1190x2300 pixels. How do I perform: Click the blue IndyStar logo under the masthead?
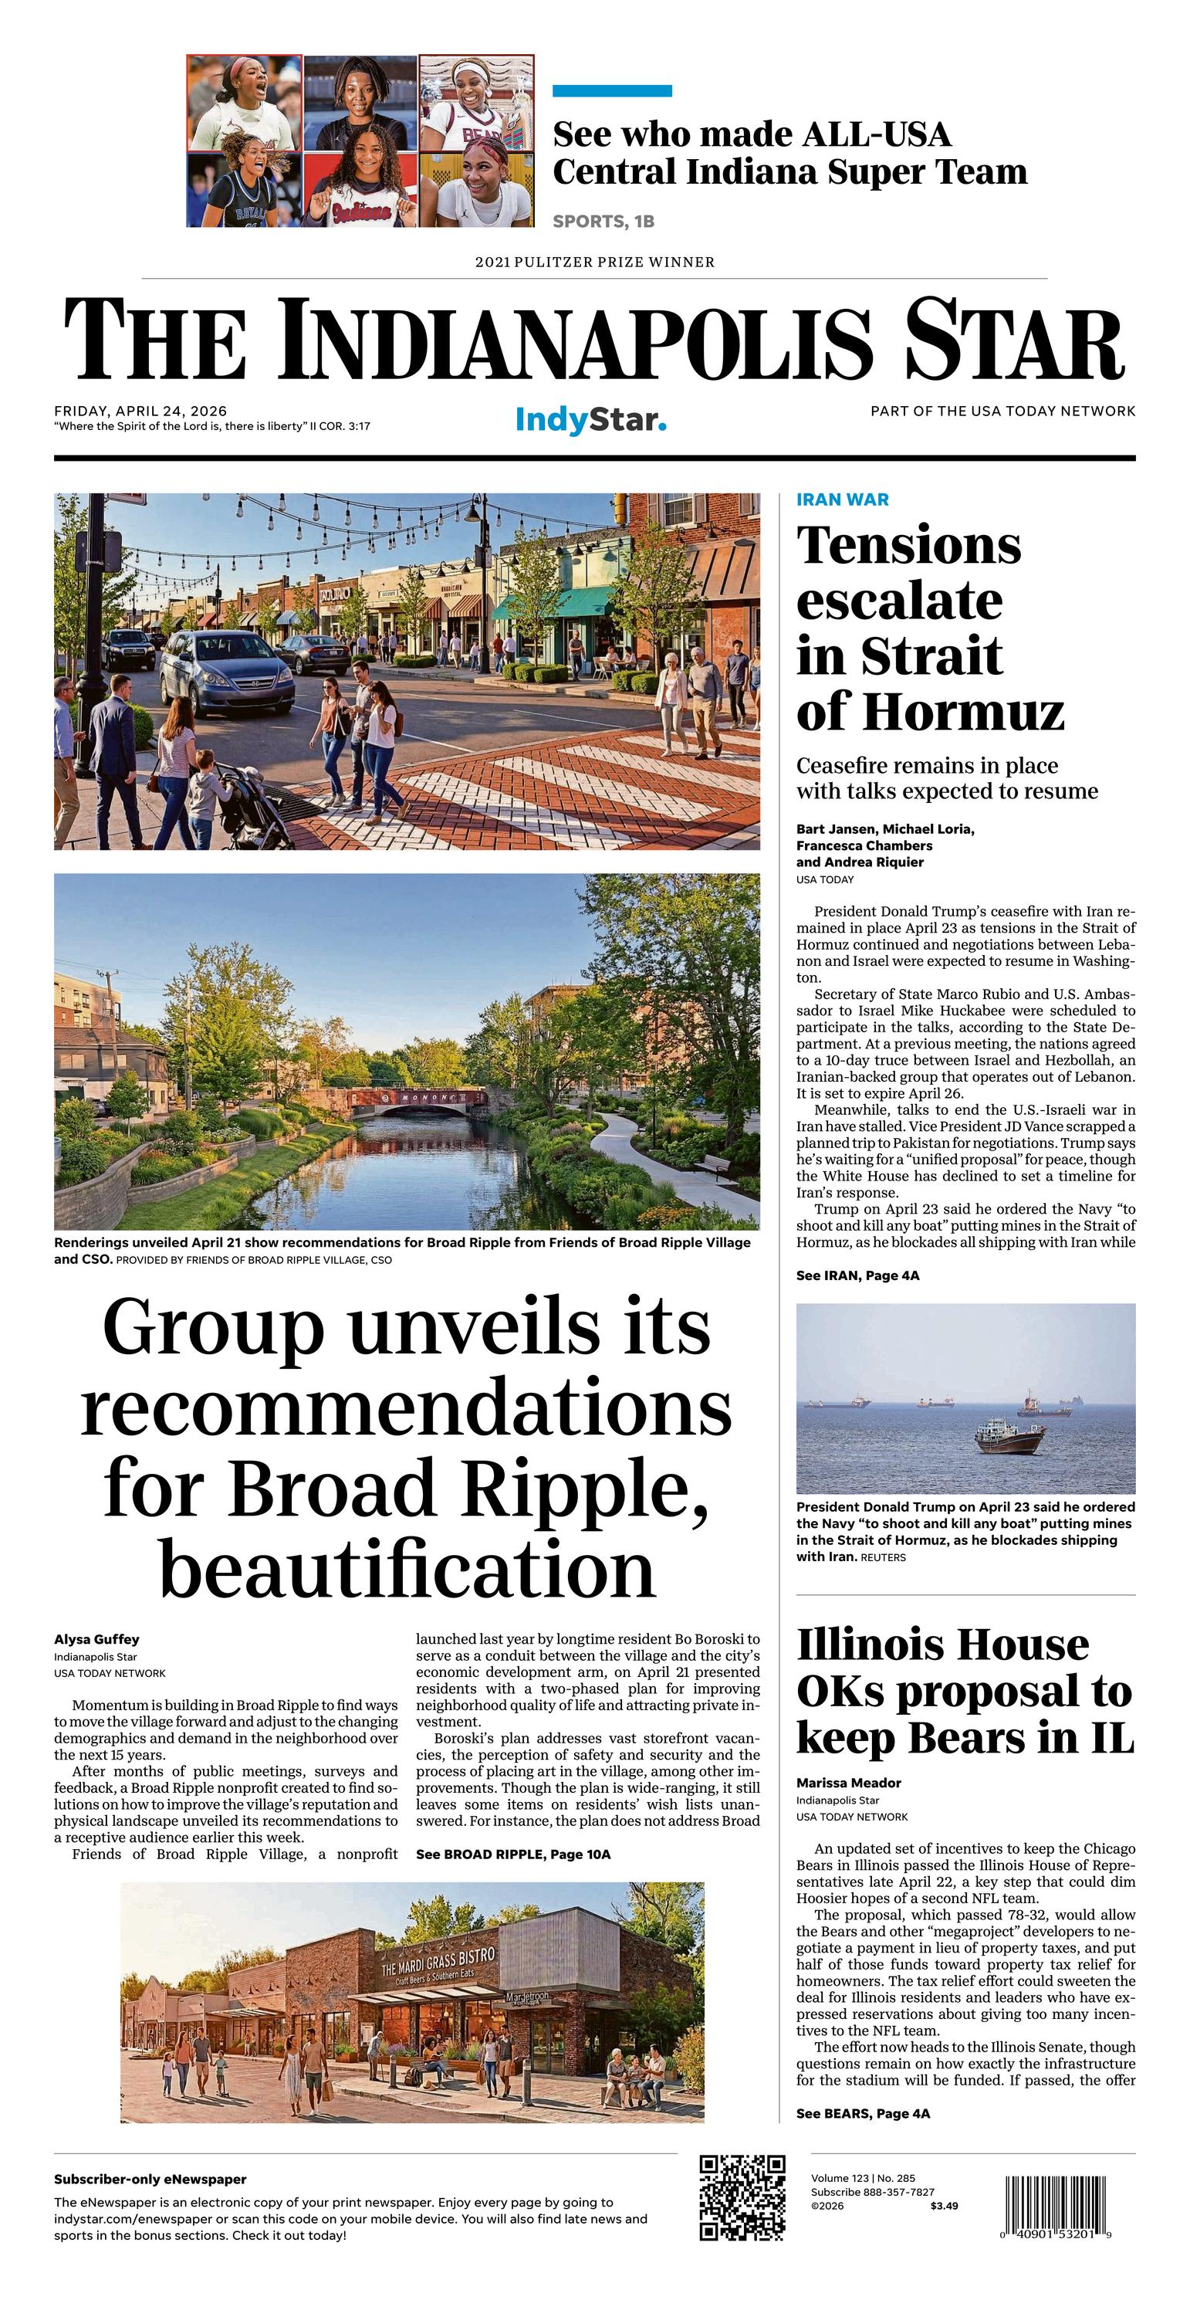(591, 420)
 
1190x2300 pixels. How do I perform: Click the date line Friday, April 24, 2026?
(140, 412)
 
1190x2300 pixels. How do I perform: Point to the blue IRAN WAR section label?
(842, 499)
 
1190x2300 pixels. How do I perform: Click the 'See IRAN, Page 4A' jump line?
(857, 1275)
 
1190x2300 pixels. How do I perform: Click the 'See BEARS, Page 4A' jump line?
(862, 2113)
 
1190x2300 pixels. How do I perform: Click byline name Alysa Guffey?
(96, 1639)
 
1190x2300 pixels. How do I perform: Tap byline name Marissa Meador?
(848, 1783)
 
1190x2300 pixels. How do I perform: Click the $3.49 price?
(944, 2205)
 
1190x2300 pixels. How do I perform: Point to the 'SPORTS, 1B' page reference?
(603, 222)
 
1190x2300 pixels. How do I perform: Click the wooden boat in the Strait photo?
(1009, 1438)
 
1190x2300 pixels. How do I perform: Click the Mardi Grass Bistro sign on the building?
(438, 1963)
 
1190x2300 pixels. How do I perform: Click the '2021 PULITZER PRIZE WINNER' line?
(594, 263)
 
